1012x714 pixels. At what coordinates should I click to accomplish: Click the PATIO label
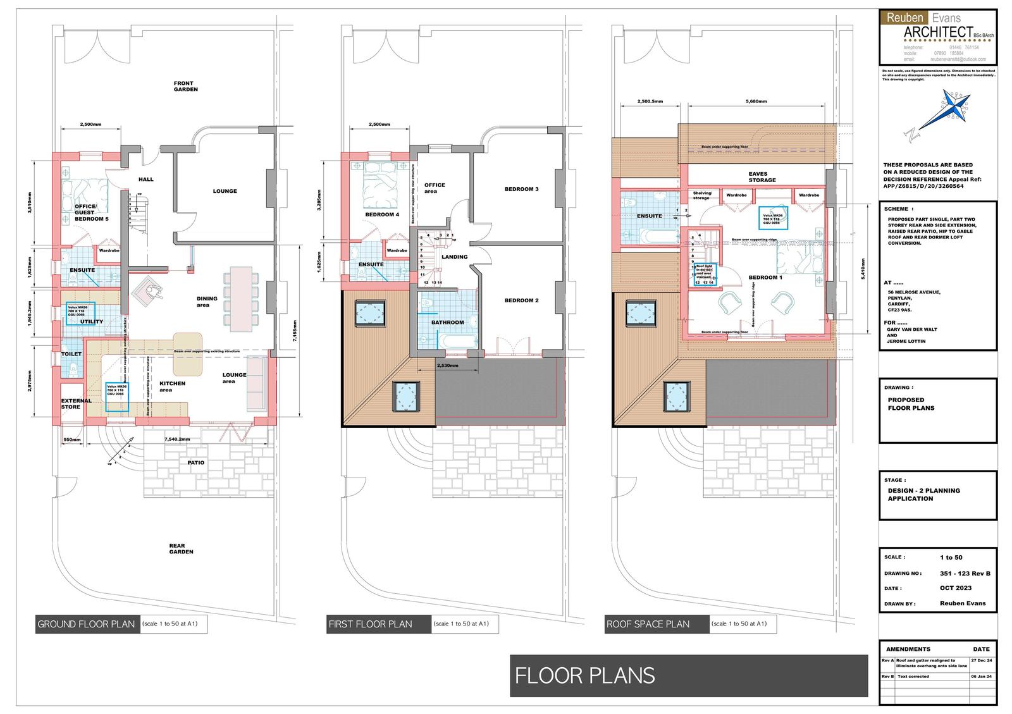[195, 463]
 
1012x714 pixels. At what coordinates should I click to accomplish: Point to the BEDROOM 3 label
[521, 189]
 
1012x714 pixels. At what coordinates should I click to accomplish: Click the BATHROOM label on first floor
[447, 323]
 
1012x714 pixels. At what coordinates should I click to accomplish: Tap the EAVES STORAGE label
[762, 177]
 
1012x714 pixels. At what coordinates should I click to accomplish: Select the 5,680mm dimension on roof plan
[756, 101]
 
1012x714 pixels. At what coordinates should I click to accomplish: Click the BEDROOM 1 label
[765, 278]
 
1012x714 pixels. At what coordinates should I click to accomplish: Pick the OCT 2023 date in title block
[955, 588]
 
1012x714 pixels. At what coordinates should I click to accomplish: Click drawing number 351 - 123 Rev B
[965, 574]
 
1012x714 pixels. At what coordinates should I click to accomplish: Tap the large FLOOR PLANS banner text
[584, 675]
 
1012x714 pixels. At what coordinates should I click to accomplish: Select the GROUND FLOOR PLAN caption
[86, 624]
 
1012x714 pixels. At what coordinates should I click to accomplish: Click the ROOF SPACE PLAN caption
[648, 624]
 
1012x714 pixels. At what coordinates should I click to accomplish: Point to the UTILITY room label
[92, 322]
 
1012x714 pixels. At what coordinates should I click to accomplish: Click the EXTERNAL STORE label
[76, 403]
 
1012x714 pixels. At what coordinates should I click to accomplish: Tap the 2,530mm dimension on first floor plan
[448, 366]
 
